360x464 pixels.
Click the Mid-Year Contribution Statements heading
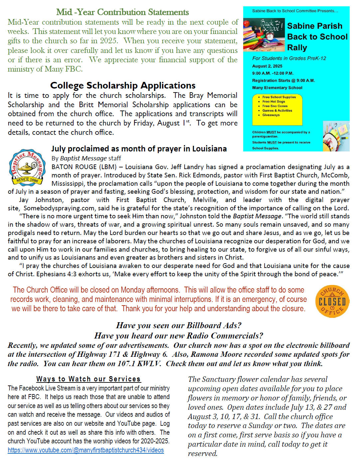[x=122, y=12]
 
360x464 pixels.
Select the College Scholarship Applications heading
[x=123, y=86]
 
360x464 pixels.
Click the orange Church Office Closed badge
[x=332, y=301]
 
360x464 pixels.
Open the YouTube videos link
[x=86, y=450]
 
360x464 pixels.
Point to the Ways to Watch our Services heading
[x=89, y=379]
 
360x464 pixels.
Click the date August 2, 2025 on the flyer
[x=267, y=66]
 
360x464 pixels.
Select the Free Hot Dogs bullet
[x=273, y=102]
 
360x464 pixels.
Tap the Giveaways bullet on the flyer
[x=271, y=115]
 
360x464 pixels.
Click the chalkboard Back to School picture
[x=264, y=35]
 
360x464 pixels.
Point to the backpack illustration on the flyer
[x=336, y=136]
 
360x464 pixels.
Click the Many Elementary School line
[x=277, y=88]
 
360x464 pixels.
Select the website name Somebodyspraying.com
[x=60, y=208]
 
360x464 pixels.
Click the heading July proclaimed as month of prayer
[x=139, y=149]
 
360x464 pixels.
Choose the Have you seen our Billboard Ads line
[x=179, y=325]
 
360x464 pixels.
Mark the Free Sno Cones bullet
[x=275, y=106]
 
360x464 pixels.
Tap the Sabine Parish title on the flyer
[x=314, y=26]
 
